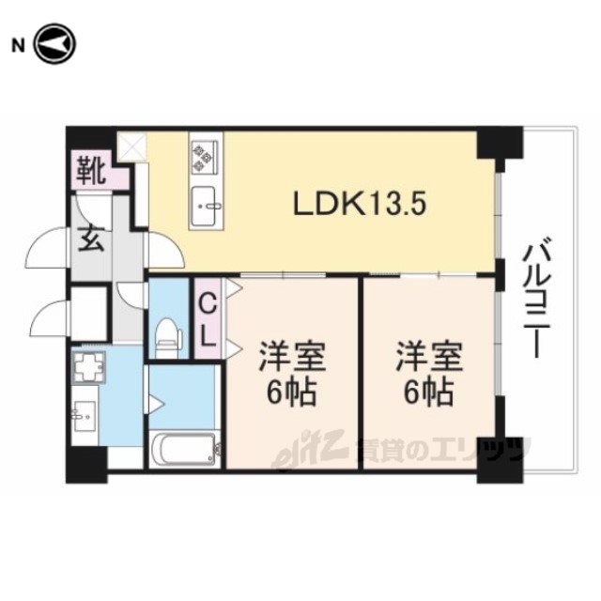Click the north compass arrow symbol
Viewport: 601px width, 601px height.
[x=55, y=44]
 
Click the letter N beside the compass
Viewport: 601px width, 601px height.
[x=18, y=46]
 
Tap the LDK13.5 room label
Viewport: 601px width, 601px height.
[x=360, y=204]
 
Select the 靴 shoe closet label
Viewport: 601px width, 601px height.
[x=91, y=170]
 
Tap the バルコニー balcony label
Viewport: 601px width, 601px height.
[x=537, y=298]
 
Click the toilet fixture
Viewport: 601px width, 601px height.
[x=168, y=338]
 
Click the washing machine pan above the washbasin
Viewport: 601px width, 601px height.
[x=89, y=366]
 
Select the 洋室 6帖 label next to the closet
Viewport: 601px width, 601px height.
[x=292, y=373]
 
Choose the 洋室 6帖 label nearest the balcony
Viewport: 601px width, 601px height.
[x=429, y=373]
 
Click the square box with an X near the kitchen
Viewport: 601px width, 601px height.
[x=132, y=146]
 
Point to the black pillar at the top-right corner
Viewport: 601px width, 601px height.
[x=500, y=143]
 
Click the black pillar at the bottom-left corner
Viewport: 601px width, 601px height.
[x=86, y=465]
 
